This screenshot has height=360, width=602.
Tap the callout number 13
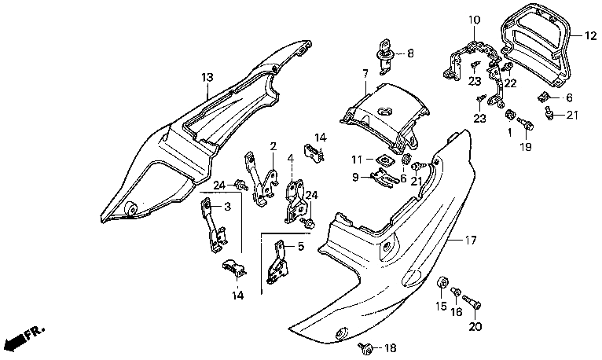point(207,78)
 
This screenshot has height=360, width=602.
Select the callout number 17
point(471,241)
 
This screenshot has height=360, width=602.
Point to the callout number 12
point(591,36)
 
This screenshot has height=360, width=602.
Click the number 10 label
point(474,20)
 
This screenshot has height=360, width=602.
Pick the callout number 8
point(410,53)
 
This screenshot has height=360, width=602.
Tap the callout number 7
point(365,73)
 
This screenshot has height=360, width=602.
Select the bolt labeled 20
point(472,301)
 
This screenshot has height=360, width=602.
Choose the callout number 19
point(526,147)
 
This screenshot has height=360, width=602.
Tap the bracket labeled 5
point(278,263)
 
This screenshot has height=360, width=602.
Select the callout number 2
point(273,146)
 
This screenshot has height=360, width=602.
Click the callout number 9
point(355,177)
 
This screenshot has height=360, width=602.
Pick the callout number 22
point(511,83)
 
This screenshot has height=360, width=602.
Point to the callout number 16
point(457,312)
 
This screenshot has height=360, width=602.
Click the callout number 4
point(291,158)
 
